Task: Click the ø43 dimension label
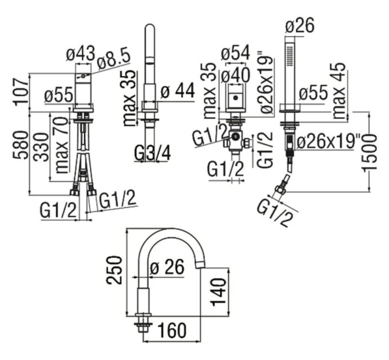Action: [81, 53]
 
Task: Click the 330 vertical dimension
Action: [41, 147]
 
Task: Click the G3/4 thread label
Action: [153, 153]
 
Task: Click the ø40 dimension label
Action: [235, 75]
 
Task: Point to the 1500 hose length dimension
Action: [370, 152]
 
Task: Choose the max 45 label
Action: [339, 90]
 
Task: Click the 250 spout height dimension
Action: [114, 270]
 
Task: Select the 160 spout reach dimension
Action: [172, 330]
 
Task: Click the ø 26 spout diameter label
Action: [167, 267]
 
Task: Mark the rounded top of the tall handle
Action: [150, 27]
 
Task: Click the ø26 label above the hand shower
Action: [300, 25]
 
